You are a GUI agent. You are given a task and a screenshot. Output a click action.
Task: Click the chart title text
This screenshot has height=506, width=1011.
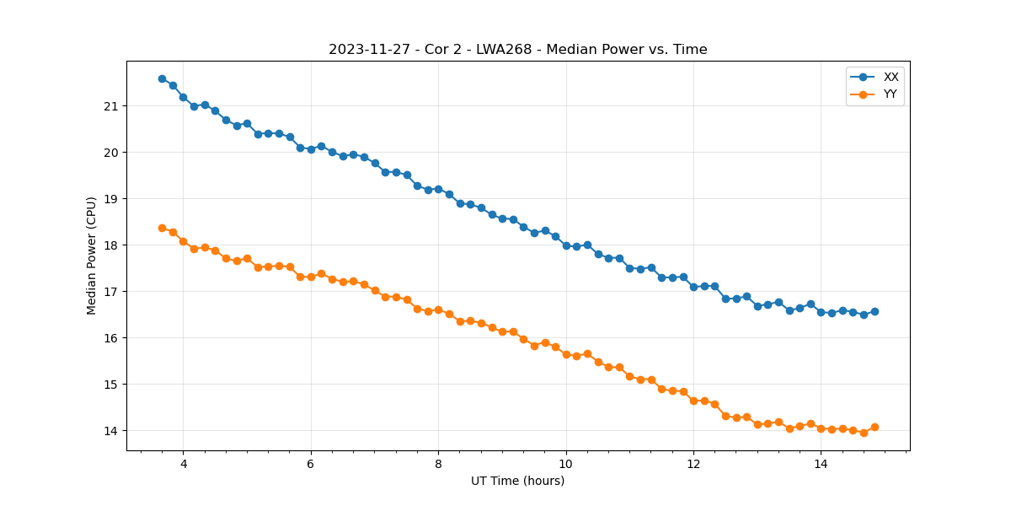[517, 50]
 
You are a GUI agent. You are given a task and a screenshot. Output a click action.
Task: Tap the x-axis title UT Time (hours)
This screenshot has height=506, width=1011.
[517, 481]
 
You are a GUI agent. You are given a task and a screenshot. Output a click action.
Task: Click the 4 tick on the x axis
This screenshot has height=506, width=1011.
[183, 464]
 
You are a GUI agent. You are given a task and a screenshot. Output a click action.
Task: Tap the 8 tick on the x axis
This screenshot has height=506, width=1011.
[438, 464]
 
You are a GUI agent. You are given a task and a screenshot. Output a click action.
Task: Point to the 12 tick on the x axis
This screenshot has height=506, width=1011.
[693, 464]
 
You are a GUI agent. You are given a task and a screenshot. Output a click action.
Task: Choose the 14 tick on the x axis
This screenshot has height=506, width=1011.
[821, 464]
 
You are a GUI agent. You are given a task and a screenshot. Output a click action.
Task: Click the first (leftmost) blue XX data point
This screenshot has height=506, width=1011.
[162, 78]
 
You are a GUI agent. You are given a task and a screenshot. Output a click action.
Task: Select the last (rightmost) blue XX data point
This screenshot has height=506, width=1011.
[875, 311]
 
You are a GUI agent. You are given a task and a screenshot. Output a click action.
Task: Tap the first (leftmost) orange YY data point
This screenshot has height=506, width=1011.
[162, 228]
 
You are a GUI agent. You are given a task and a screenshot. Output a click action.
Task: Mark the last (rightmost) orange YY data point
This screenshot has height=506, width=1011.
[875, 427]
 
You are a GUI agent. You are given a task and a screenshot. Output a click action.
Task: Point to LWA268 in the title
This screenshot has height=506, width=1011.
[502, 50]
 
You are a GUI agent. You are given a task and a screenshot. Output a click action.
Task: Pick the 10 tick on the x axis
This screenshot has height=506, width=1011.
[565, 464]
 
